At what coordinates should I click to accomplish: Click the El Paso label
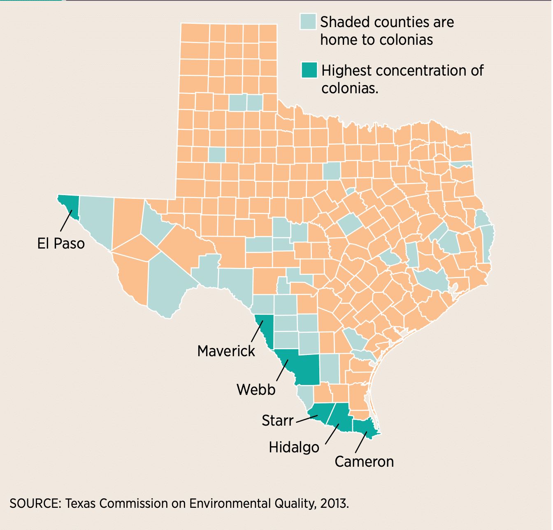coord(61,243)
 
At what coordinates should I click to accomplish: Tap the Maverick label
coord(226,351)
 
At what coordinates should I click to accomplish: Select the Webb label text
coord(256,389)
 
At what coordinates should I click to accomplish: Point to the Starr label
coord(278,421)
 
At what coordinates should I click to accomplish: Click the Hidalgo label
coord(294,447)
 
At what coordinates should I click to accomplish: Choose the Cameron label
coord(364,462)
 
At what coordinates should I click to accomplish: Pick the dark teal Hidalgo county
coord(341,417)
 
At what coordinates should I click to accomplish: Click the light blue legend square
coord(308,22)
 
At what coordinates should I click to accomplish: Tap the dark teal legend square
coord(309,70)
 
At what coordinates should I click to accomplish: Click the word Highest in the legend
coord(346,71)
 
